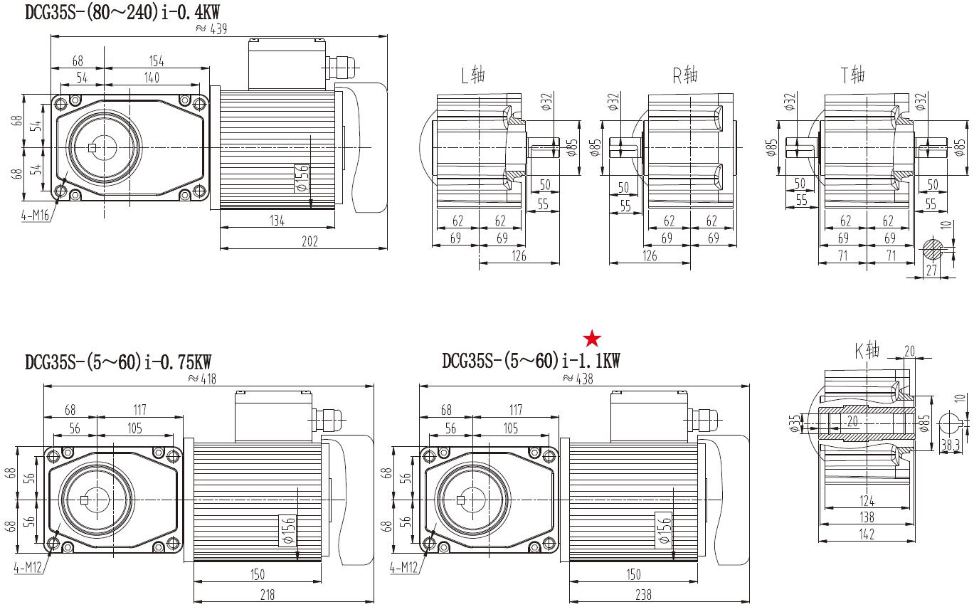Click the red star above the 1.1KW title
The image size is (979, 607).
592,338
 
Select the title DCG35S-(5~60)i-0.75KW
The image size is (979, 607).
118,361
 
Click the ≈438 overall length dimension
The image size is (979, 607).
577,379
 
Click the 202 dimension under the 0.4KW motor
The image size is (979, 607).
309,241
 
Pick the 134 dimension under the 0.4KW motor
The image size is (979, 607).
277,221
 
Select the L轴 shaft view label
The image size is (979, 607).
473,75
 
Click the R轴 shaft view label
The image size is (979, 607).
685,75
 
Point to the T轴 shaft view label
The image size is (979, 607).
852,75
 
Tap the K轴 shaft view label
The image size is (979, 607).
867,349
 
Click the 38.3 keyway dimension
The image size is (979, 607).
950,445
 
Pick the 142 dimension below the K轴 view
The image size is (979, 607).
866,534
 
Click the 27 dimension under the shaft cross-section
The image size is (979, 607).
931,270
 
